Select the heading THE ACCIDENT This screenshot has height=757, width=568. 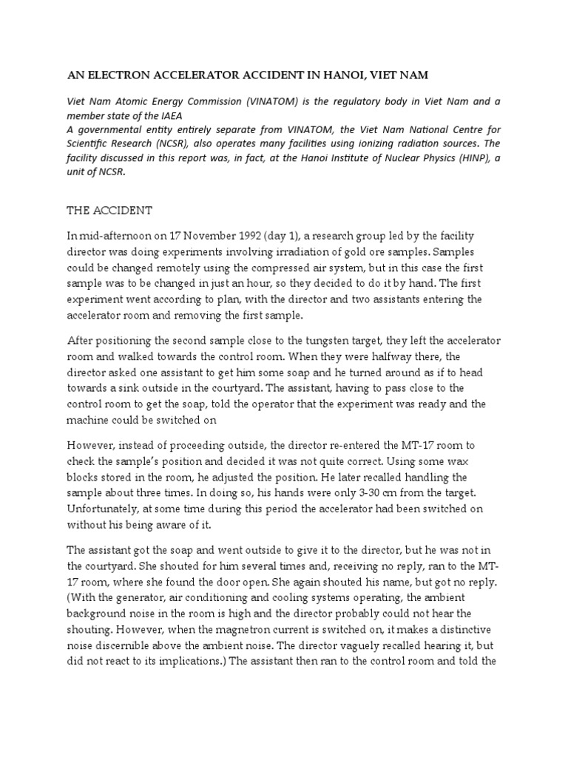(109, 210)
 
